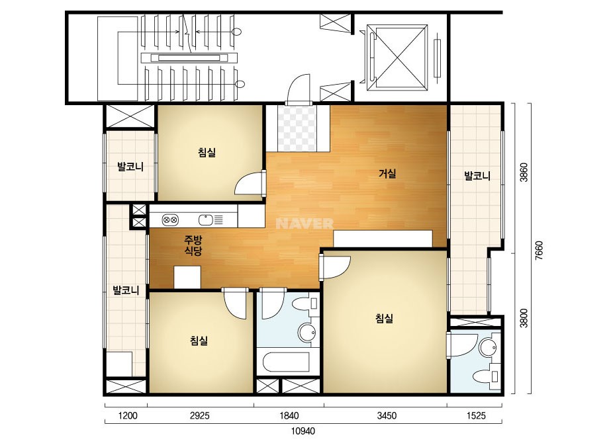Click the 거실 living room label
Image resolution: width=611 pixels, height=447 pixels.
387,173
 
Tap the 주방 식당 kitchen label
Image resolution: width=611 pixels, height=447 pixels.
193,245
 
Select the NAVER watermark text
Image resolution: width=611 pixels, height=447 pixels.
305,223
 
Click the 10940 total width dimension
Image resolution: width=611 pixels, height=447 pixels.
303,431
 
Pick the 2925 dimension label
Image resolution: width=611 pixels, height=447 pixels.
199,416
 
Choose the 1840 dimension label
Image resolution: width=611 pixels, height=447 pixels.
289,416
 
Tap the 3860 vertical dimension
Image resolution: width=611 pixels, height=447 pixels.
524,172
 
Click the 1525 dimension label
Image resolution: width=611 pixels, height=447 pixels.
476,416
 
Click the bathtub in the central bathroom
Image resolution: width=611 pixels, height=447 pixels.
286,362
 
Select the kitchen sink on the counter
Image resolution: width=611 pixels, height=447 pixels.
205,220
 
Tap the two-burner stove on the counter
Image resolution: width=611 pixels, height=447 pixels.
170,220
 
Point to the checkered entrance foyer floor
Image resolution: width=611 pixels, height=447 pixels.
298,128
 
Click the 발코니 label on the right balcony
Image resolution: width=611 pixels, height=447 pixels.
477,176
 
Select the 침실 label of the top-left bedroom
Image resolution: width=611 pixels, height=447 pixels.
207,152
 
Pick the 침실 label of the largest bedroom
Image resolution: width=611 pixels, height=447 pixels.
384,319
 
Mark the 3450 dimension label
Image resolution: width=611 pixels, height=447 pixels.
387,416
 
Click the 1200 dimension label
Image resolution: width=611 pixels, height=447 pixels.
127,416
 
